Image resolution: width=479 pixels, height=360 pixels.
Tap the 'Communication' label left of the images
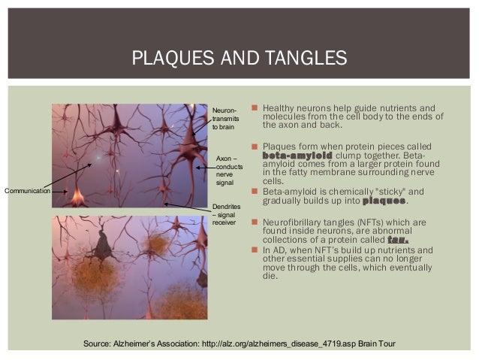tap(27, 192)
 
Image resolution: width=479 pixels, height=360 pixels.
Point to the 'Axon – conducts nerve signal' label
tap(228, 171)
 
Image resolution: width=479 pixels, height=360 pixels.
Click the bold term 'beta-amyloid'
tap(298, 155)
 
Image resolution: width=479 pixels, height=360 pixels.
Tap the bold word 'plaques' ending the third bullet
tap(384, 201)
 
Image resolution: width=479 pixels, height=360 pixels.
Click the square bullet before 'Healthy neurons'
tap(255, 107)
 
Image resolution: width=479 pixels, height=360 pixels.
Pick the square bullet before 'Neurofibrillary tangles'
tap(255, 222)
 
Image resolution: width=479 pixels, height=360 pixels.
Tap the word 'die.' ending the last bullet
tap(271, 276)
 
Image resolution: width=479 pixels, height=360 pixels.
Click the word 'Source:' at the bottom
tap(100, 343)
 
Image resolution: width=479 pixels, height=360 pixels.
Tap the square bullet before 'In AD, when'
tap(255, 250)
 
